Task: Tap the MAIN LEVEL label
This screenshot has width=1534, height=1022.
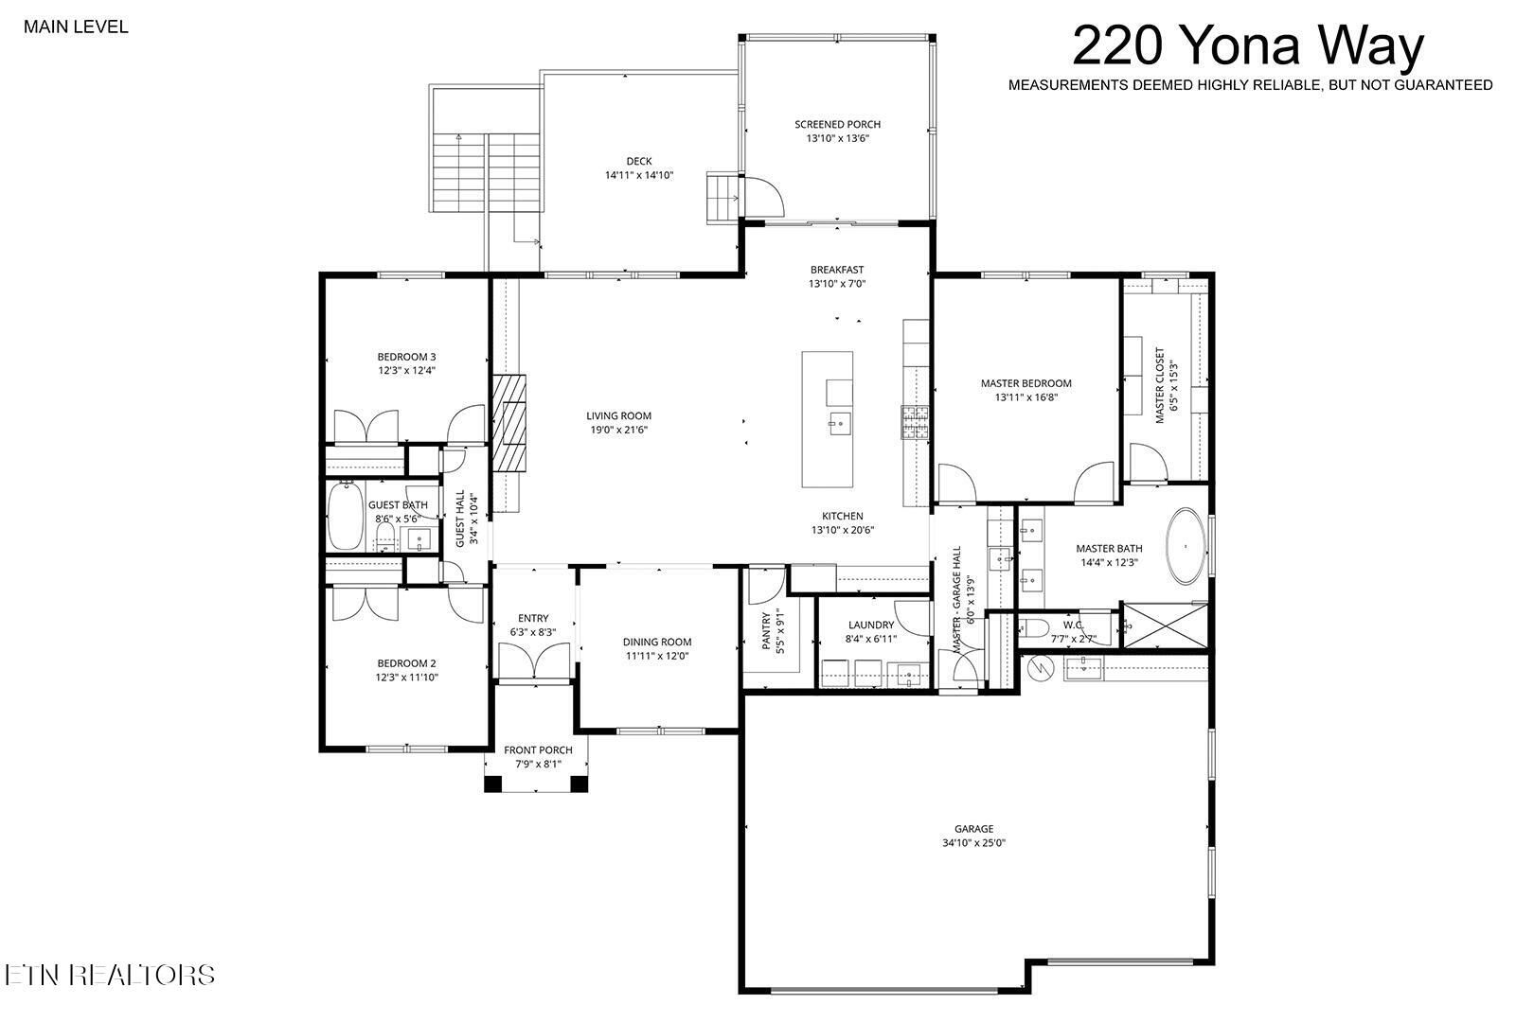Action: coord(76,26)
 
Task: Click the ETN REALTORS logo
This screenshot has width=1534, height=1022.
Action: coord(110,975)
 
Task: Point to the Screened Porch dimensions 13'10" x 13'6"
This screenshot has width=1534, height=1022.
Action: coord(837,138)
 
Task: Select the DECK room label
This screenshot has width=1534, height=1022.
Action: coord(639,161)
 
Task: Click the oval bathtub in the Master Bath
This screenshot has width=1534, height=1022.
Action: coord(1186,546)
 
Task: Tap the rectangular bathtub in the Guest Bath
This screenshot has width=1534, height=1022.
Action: coord(346,516)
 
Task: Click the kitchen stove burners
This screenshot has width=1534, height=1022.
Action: coord(915,422)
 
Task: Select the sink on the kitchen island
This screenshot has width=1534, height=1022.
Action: coord(839,423)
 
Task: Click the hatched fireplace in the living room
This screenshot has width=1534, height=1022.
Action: coord(508,423)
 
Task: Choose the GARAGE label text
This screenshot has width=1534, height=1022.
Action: coord(973,828)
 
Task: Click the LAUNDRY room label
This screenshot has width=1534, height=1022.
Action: coord(871,625)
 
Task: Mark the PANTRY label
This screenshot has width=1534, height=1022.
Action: coord(766,630)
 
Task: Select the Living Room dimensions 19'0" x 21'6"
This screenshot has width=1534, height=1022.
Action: coord(619,430)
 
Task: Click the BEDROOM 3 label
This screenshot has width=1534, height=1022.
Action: coord(407,357)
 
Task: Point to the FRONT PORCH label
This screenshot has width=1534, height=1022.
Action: coord(538,750)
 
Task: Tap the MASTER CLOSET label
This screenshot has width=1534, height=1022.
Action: coord(1160,385)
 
